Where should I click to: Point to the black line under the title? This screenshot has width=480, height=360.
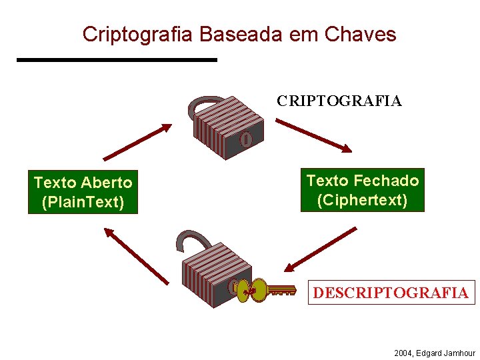click(x=117, y=60)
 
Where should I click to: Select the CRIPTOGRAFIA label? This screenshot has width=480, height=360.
click(x=339, y=101)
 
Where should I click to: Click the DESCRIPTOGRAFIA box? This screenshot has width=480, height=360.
click(x=391, y=293)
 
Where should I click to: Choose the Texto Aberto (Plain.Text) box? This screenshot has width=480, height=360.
click(x=83, y=192)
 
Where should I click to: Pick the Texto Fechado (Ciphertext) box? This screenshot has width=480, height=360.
click(x=363, y=190)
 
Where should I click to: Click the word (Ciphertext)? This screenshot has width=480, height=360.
click(x=363, y=200)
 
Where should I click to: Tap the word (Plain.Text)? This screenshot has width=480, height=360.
click(x=83, y=202)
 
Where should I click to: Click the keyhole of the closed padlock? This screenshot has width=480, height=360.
click(x=245, y=140)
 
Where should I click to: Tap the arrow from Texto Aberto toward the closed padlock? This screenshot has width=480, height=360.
click(x=137, y=142)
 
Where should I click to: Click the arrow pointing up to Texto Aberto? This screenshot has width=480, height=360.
click(x=136, y=256)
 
